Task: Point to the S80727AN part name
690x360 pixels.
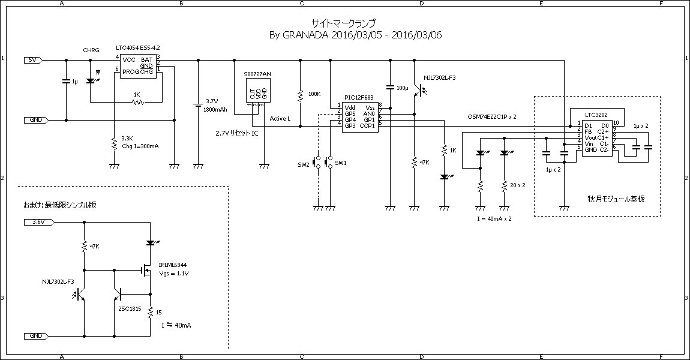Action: (x=257, y=74)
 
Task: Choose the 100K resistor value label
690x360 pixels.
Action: (x=314, y=94)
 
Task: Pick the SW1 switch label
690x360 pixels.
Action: (x=341, y=163)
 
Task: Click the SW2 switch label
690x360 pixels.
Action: (x=303, y=164)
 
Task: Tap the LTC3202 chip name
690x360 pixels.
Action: (x=596, y=115)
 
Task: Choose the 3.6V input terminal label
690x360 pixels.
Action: (x=38, y=222)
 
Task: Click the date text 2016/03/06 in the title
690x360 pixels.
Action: (x=415, y=35)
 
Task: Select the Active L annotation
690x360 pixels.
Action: (x=280, y=119)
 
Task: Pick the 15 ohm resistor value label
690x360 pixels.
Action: (x=158, y=313)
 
